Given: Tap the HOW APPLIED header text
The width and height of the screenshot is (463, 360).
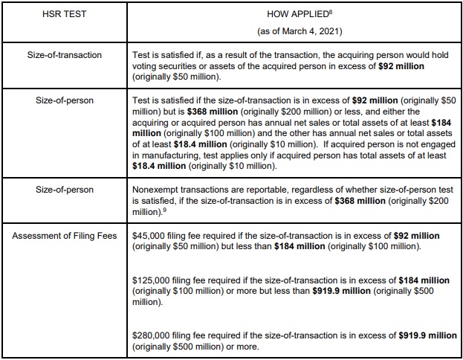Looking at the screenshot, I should (x=294, y=14).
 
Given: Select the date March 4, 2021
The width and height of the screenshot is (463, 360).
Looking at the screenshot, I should (x=305, y=32).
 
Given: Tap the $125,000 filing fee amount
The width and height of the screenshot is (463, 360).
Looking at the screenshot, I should (x=154, y=280).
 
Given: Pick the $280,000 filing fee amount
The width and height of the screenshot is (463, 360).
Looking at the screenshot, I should (x=154, y=336).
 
